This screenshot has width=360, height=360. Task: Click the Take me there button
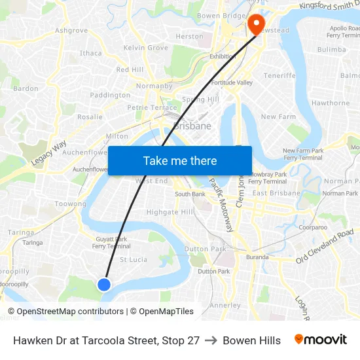coord(180,160)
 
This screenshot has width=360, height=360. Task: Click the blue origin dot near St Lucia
coord(103,284)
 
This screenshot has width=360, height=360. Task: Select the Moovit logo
coord(320,340)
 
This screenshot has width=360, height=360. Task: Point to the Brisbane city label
coord(192,126)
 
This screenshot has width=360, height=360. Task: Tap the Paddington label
coord(110,96)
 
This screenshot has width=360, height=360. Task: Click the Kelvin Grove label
coord(146,48)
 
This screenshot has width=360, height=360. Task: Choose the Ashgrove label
coord(71,31)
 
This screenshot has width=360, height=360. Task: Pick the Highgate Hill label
coord(170,212)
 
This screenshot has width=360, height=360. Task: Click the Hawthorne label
coord(331,103)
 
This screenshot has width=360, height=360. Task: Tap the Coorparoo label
coord(313,227)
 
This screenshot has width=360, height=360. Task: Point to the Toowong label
coord(70,204)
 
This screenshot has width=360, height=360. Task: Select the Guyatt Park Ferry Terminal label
coord(111,243)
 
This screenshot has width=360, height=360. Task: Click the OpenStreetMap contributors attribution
coord(65,312)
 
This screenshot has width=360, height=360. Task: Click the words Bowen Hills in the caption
coord(251,340)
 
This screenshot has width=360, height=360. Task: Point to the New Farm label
coord(279,117)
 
